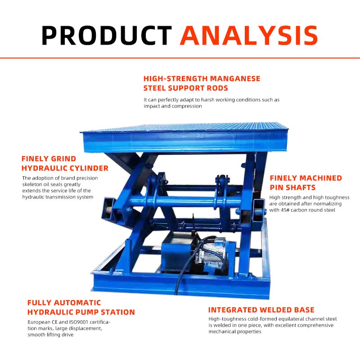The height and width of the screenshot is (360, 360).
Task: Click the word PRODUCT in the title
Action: tap(107, 35)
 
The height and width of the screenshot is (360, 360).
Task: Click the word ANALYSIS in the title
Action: tap(249, 35)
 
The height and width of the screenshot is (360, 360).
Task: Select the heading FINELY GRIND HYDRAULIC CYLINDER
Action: tap(65, 163)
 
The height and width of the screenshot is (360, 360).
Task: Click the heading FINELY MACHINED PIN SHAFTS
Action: tap(306, 183)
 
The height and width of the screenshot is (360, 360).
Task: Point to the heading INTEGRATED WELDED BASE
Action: tap(261, 310)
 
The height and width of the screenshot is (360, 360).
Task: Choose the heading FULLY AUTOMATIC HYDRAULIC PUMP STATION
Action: tap(81, 307)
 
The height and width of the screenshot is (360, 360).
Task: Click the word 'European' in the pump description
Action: tap(40, 322)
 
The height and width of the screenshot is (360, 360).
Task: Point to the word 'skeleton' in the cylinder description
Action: tap(34, 184)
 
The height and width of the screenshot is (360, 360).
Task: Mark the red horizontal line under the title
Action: tap(180, 58)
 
